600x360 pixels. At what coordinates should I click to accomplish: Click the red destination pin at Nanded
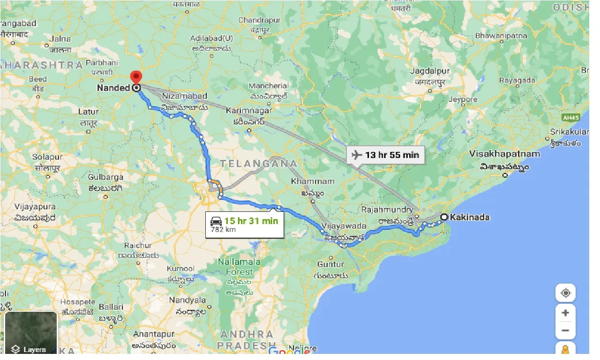click(136, 77)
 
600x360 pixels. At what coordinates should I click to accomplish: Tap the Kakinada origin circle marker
click(443, 217)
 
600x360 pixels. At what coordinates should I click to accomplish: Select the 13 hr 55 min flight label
click(392, 154)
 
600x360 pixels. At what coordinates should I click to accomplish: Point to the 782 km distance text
click(224, 230)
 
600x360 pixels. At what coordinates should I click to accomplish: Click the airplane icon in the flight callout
click(357, 154)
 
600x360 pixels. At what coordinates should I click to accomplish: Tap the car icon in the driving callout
click(216, 221)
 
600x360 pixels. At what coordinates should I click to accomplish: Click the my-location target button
click(565, 293)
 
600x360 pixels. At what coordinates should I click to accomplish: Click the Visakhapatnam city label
click(504, 154)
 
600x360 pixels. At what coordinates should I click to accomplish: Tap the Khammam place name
click(313, 181)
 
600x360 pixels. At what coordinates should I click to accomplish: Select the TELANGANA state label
click(259, 164)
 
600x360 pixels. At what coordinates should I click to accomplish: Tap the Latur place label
click(89, 112)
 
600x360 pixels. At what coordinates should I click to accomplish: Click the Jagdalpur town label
click(429, 71)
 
